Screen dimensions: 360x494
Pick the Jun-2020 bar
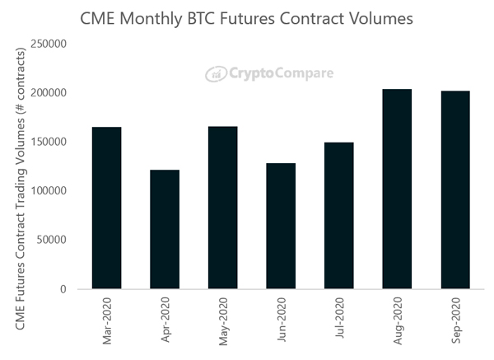pos(281,226)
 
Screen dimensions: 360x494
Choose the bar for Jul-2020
pos(338,216)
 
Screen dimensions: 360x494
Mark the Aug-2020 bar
pos(397,189)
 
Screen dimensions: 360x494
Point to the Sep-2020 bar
pos(455,189)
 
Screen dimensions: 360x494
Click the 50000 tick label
pos(51,240)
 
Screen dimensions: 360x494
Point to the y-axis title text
pos(20,189)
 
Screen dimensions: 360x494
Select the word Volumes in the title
pos(384,17)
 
